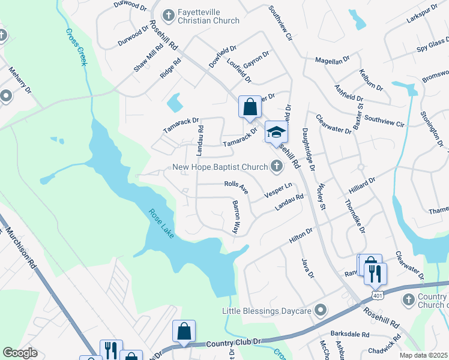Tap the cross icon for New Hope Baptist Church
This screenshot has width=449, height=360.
click(276, 167)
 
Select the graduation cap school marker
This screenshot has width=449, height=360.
click(277, 131)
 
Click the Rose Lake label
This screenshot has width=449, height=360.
click(161, 223)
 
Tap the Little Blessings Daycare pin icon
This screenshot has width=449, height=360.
click(321, 311)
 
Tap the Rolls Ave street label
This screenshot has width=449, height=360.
click(236, 187)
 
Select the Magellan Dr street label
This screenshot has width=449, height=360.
click(332, 61)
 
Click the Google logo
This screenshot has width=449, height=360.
click(20, 353)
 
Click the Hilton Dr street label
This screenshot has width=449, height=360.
click(301, 235)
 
